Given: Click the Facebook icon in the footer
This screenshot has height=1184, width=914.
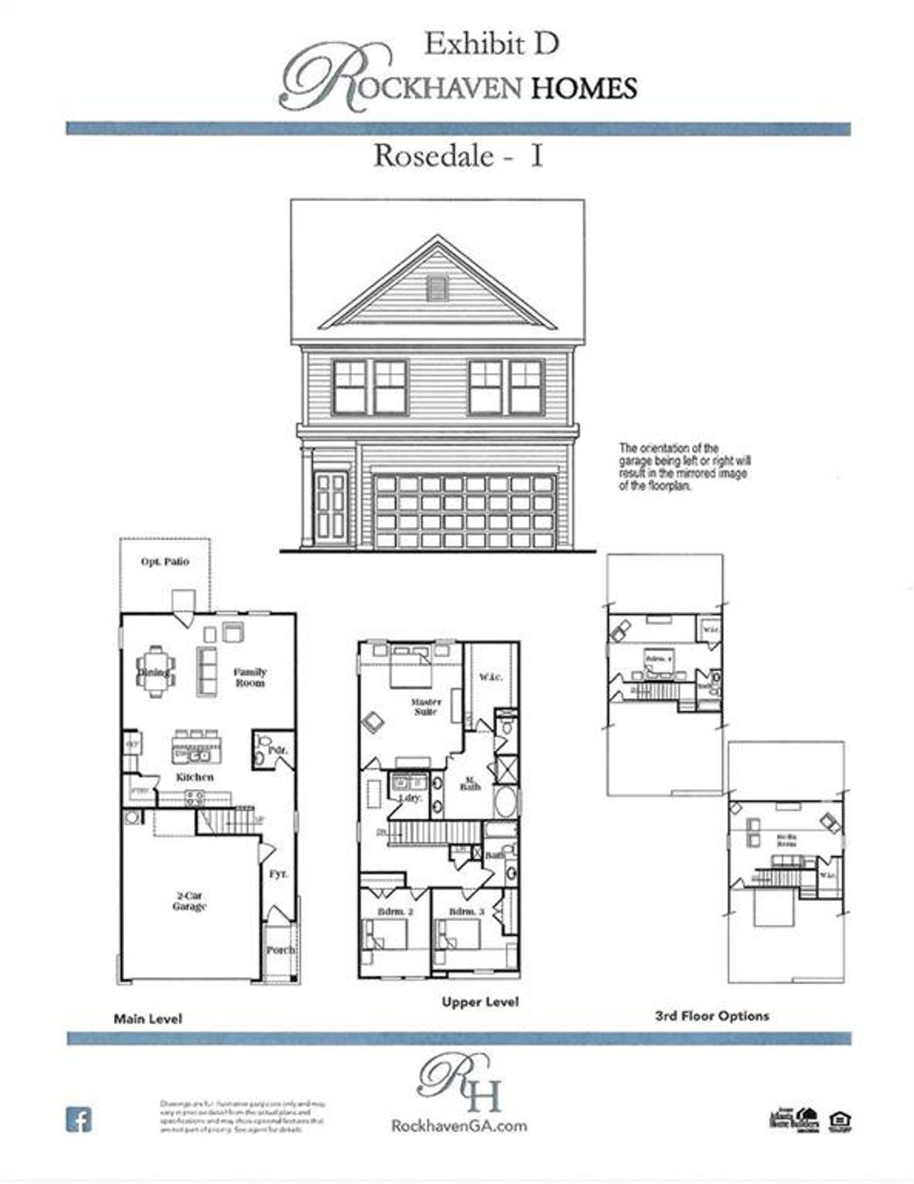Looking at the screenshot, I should coord(79,1119).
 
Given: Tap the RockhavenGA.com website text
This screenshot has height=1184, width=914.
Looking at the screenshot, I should coord(459,1125).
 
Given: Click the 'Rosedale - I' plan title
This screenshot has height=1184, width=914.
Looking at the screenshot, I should coord(458,156).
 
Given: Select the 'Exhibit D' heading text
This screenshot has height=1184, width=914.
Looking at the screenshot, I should coord(491,44).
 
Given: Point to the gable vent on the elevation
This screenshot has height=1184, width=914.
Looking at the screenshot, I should coord(437,288).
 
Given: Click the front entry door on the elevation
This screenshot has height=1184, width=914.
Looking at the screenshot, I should coord(331,506).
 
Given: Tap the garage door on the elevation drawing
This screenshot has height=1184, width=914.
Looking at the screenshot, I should coord(464,511).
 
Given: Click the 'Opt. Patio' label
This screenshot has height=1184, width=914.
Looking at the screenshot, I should coord(165,562).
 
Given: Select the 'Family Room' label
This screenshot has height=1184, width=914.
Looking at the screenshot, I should coord(250,677).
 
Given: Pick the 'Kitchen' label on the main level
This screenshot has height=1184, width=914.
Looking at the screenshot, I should coord(195,777).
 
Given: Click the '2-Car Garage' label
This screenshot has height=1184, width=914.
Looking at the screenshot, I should coord(189,900).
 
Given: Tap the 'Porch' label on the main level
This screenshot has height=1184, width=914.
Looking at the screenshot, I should coord(281,950).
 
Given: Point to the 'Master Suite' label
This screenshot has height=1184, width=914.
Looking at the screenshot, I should coord(426,707).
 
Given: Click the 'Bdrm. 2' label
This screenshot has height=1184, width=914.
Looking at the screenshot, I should coord(396,912).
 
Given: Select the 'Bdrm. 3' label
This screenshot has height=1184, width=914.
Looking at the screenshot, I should coord(466,912).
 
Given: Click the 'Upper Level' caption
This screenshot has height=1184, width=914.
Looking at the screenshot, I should coord(480,1002).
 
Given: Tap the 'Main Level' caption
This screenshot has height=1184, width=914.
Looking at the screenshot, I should coord(148,1019).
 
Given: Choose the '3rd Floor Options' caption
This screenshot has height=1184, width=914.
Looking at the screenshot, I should coord(712,1015).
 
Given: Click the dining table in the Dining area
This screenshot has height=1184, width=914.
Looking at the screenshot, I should coord(155,672).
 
